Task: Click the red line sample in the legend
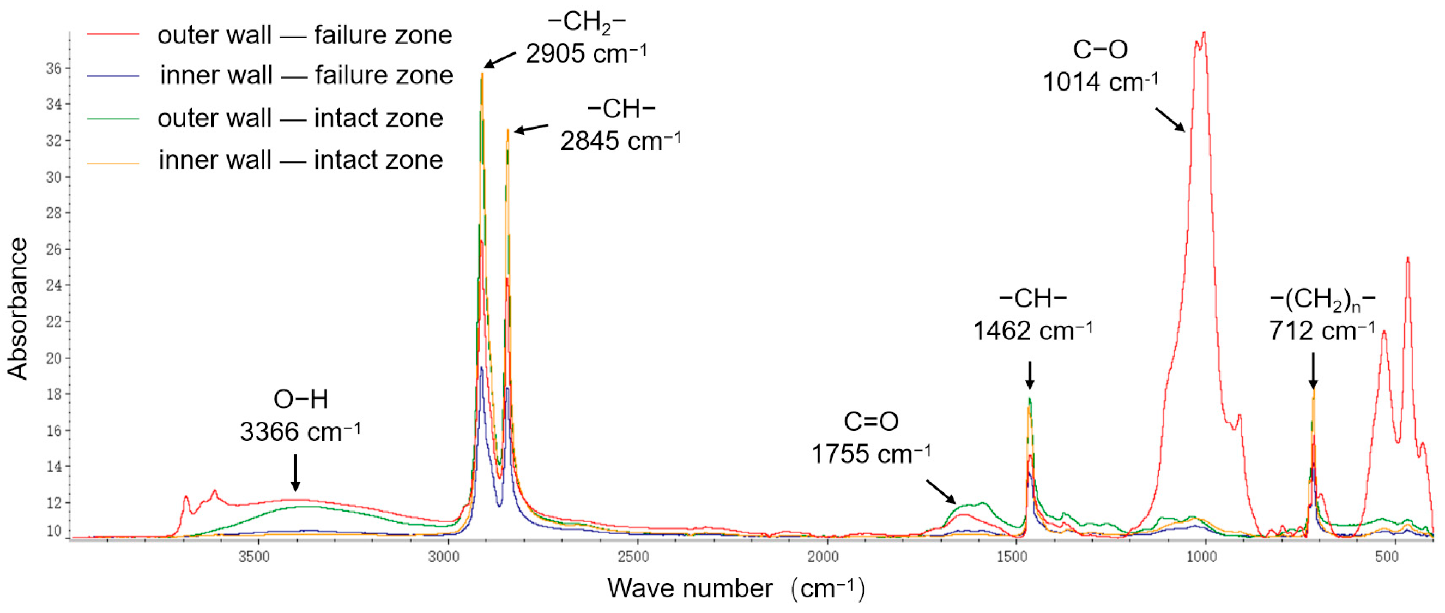pos(113,35)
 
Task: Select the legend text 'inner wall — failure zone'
pos(306,75)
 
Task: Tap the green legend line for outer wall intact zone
pos(113,119)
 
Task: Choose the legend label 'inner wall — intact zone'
pos(301,160)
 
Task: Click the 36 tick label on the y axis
pos(54,69)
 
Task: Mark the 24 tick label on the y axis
pos(54,286)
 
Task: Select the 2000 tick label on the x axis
pos(824,557)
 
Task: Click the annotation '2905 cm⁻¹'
pos(585,54)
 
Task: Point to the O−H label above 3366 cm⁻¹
pos(301,400)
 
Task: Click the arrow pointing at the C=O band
pos(940,492)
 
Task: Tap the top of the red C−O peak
pos(1204,34)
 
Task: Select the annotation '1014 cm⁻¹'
pos(1099,82)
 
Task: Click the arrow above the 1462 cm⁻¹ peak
pos(1029,375)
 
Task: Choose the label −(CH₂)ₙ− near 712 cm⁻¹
pos(1322,300)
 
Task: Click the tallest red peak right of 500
pos(1407,260)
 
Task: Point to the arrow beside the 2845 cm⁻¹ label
pos(531,129)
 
